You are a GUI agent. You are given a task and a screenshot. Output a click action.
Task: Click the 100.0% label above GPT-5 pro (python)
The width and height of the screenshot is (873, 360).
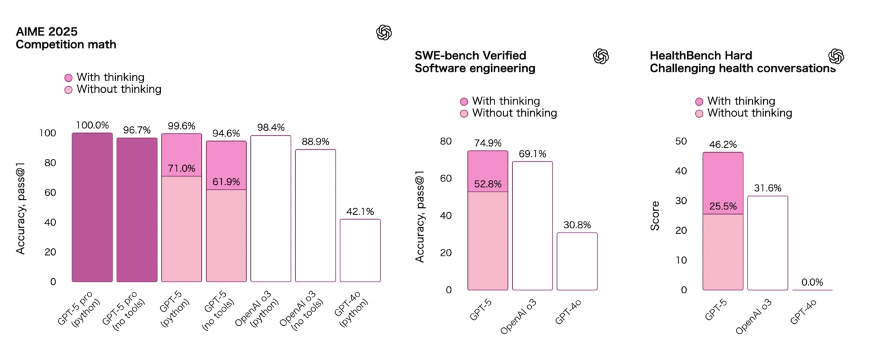(x=92, y=125)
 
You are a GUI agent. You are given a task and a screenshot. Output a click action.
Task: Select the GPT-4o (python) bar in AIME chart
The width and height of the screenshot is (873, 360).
(x=360, y=250)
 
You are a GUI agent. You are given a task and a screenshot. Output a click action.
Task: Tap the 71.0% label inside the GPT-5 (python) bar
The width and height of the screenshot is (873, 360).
(x=181, y=168)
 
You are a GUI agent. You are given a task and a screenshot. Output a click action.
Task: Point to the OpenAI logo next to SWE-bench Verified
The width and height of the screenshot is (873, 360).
(x=601, y=56)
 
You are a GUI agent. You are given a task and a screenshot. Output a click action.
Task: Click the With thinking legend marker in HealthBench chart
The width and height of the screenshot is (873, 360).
(x=698, y=101)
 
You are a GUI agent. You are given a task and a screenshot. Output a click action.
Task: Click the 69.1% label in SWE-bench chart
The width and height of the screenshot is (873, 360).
(x=532, y=154)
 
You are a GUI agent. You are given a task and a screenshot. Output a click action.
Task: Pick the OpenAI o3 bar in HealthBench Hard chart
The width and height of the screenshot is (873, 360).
(x=767, y=243)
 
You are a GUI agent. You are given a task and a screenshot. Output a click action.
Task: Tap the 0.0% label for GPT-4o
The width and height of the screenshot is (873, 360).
(x=812, y=282)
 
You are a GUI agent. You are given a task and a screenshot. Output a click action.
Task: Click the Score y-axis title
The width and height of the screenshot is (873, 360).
(x=655, y=215)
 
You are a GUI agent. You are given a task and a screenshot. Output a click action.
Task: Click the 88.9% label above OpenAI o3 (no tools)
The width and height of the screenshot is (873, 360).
(x=315, y=141)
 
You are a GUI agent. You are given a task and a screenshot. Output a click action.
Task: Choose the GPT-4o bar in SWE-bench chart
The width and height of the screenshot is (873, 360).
(x=577, y=261)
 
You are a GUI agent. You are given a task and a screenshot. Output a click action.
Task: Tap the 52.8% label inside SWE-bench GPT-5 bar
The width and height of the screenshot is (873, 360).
(x=488, y=184)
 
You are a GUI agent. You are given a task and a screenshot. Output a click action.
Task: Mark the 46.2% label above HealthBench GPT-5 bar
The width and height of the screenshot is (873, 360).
(x=723, y=145)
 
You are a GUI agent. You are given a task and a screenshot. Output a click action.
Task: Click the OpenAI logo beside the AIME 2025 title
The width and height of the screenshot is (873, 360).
(x=384, y=32)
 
